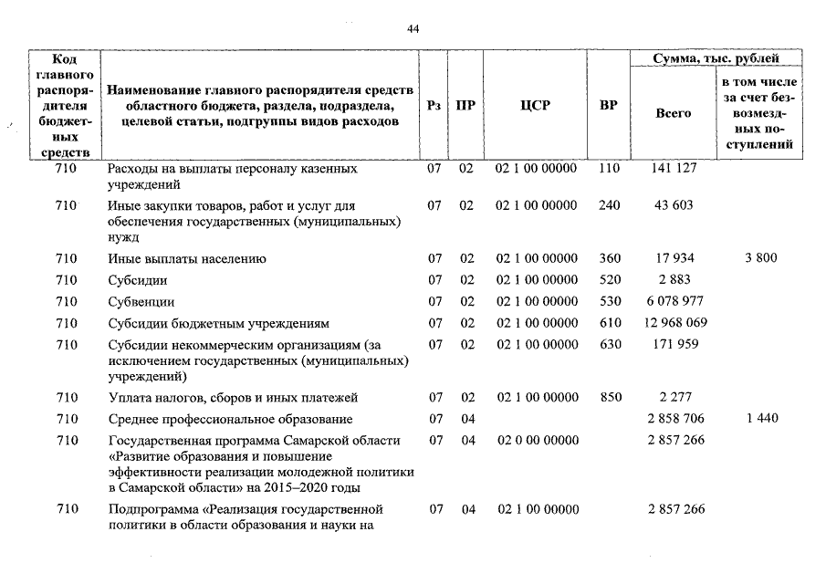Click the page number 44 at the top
coord(413,29)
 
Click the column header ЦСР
coord(535,105)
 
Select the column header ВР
coord(608,105)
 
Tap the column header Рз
coord(434,105)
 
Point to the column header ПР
coord(465,105)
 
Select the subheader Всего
coord(674,113)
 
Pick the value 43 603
coord(674,205)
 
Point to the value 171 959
coord(674,344)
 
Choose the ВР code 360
coord(609,258)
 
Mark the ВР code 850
coord(609,397)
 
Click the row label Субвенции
coord(141,302)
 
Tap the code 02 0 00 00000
coord(536,441)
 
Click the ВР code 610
coord(609,323)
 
